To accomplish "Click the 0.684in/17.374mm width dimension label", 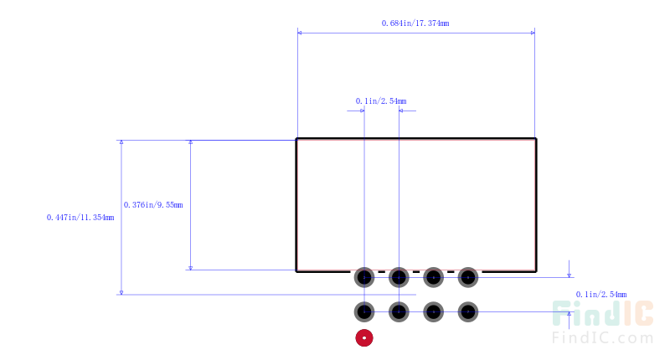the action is [415, 23].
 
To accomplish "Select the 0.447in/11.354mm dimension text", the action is [80, 218].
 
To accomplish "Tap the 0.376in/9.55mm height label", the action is [153, 205].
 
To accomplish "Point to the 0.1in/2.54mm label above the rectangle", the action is [381, 101].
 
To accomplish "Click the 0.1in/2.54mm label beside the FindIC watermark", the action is [601, 295].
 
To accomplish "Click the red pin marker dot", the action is [364, 338].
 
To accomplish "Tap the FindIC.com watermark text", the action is [602, 337].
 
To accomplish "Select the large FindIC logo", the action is [602, 313].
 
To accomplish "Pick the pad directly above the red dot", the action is [364, 312].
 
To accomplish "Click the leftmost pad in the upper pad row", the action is [364, 278].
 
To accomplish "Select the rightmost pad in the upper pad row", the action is [468, 278].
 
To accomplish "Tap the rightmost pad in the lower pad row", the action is [468, 312].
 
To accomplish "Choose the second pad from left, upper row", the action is [399, 278].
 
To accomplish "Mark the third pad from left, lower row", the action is [433, 312].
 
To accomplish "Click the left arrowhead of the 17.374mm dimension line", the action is [300, 33].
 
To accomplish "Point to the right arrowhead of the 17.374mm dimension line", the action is [533, 33].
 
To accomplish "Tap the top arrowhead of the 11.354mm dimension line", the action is [121, 142].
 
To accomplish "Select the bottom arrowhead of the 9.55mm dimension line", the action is [191, 268].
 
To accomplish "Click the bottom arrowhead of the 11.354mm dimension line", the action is [121, 292].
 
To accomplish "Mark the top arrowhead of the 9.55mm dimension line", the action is [191, 142].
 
